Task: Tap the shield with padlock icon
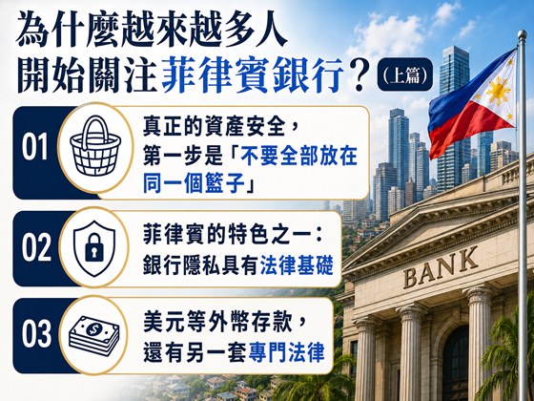coord(94,248)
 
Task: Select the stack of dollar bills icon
coord(94,335)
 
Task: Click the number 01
coord(34,147)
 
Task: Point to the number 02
coord(36,248)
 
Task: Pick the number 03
coord(36,334)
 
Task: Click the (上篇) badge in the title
coord(405,74)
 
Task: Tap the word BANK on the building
coord(441,267)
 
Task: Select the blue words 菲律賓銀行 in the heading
coord(252,75)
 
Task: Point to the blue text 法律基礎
coord(297,264)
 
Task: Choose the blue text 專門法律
coord(286,352)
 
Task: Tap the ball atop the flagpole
coord(522,34)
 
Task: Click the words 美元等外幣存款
coord(217,321)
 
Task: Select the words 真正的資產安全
coord(214,127)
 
